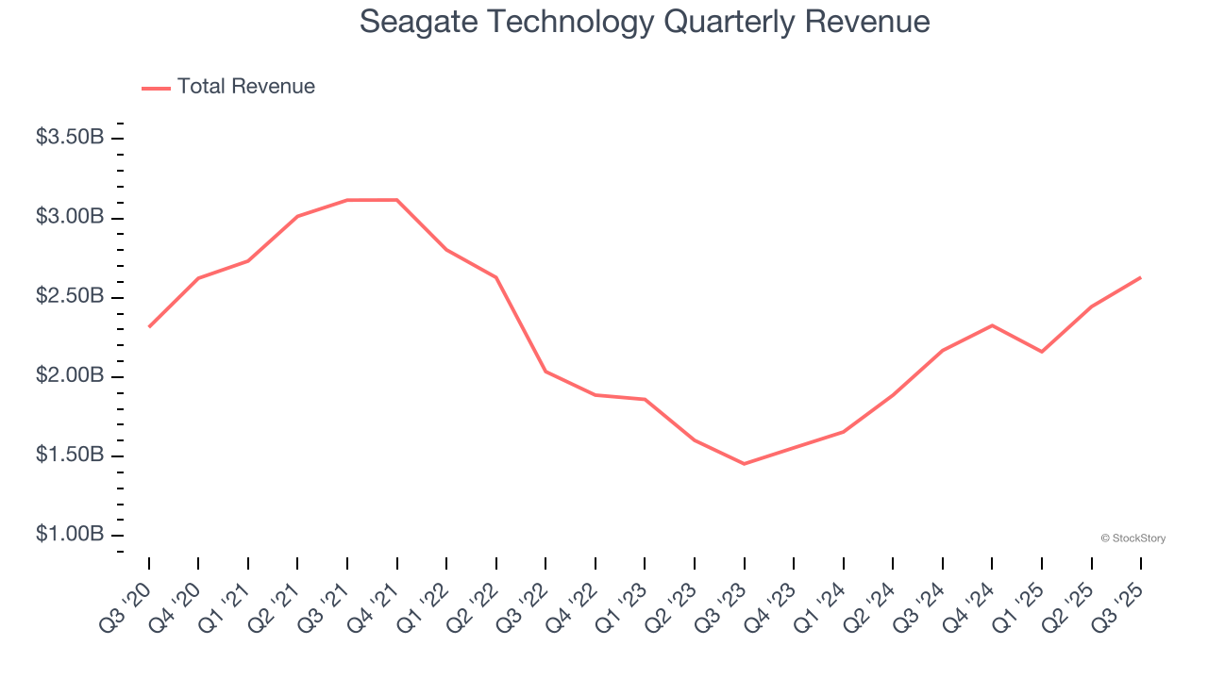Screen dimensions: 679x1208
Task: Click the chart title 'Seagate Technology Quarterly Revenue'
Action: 645,22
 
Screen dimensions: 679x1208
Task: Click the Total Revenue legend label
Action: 245,87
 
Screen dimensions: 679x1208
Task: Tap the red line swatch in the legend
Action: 156,88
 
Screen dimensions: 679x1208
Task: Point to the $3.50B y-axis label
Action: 70,138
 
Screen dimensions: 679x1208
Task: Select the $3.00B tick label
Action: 70,217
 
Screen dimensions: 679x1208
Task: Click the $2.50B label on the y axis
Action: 70,296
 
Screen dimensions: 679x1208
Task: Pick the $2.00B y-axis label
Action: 70,376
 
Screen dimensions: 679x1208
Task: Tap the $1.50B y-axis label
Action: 70,455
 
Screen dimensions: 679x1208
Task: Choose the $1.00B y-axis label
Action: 70,535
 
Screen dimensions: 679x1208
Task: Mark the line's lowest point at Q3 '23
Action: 744,464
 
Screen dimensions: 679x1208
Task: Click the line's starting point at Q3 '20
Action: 149,326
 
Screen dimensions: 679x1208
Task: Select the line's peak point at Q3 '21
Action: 347,200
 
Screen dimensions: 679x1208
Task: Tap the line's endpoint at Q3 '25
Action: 1140,277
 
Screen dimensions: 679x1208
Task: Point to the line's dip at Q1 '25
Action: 1041,352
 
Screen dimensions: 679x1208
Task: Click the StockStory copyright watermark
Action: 1132,538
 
